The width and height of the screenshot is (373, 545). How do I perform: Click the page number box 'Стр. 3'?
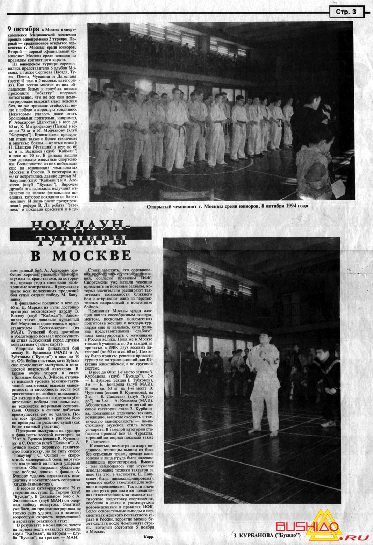click(346, 12)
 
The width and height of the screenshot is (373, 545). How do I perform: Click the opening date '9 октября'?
click(23, 29)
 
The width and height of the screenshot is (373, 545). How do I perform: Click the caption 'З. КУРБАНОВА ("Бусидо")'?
click(266, 535)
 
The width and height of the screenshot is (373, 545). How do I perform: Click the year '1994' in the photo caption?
click(292, 206)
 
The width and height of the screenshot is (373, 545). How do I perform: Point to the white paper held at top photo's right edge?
click(338, 189)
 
